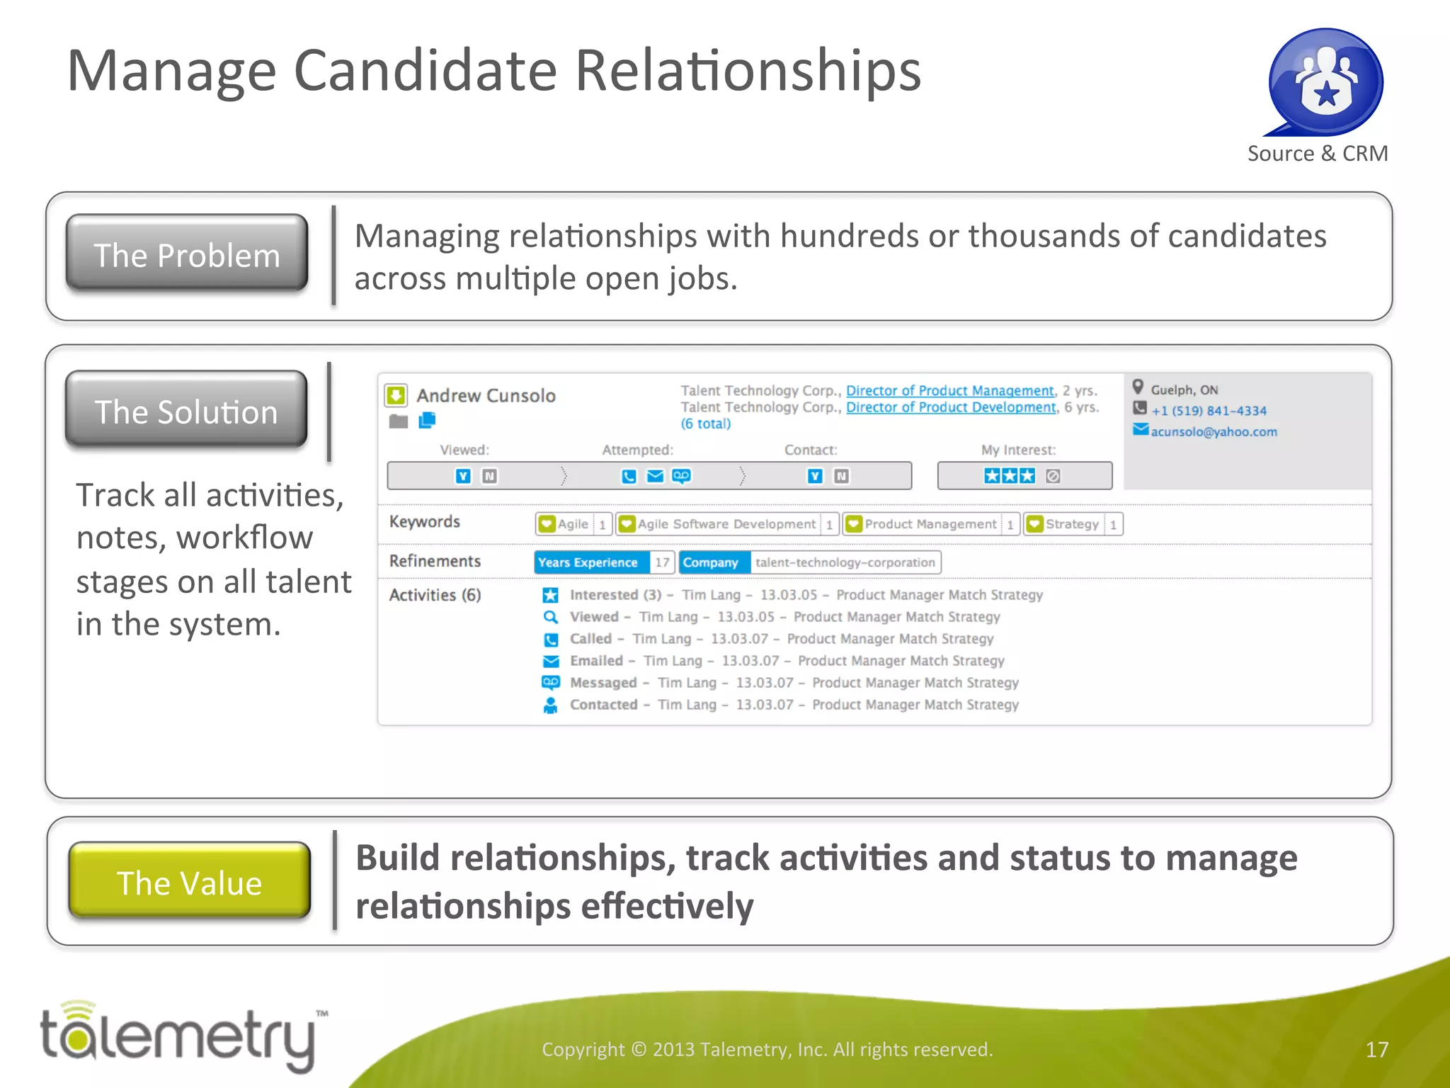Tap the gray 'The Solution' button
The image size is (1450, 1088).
(x=186, y=410)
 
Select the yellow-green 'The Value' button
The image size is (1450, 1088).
(x=190, y=881)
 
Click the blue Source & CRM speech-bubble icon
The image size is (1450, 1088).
(x=1325, y=82)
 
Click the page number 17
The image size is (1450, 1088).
(x=1376, y=1049)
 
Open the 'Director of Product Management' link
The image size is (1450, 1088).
(x=949, y=390)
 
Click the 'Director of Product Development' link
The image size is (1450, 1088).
(x=951, y=407)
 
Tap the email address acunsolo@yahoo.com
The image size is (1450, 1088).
(x=1214, y=431)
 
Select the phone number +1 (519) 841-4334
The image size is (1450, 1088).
(x=1209, y=411)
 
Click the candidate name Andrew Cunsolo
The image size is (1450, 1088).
(x=486, y=395)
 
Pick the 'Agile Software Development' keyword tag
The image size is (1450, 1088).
(x=726, y=524)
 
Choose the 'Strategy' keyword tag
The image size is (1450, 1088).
(x=1071, y=524)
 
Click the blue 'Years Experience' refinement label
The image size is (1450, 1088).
(x=588, y=562)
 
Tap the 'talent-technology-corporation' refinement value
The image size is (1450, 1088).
(x=845, y=562)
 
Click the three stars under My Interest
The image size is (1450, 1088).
(x=1009, y=476)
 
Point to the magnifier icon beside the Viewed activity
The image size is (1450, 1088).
(x=550, y=617)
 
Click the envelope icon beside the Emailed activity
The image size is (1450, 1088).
(x=550, y=661)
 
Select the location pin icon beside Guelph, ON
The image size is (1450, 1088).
(x=1138, y=387)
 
